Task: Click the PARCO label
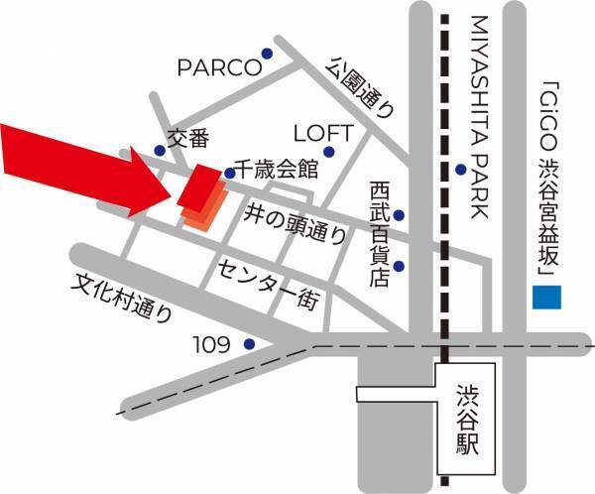click(x=218, y=67)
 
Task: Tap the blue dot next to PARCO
click(x=266, y=54)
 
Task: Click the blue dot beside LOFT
click(x=329, y=152)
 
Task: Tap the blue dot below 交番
click(x=160, y=152)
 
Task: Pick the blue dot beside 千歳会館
click(x=229, y=173)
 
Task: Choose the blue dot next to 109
click(x=248, y=345)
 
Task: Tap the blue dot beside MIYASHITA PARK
click(x=461, y=169)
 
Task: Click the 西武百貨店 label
click(x=378, y=234)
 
